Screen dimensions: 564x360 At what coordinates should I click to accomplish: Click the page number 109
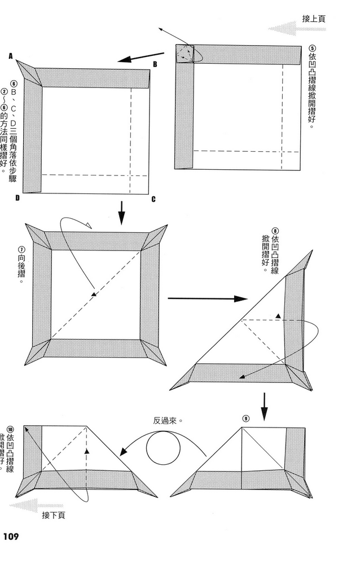pyautogui.click(x=11, y=536)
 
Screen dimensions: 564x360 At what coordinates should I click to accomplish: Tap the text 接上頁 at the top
pyautogui.click(x=314, y=19)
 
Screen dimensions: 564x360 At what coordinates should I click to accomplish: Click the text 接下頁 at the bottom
pyautogui.click(x=54, y=515)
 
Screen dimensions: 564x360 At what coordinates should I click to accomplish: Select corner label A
pyautogui.click(x=11, y=56)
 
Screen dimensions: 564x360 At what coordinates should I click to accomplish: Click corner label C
pyautogui.click(x=153, y=200)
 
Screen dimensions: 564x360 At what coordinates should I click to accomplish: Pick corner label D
pyautogui.click(x=17, y=199)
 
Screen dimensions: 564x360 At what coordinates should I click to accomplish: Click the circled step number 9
pyautogui.click(x=245, y=418)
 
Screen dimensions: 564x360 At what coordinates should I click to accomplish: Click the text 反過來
pyautogui.click(x=169, y=420)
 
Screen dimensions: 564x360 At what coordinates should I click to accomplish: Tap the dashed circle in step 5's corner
pyautogui.click(x=185, y=54)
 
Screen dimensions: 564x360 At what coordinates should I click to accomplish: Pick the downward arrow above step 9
pyautogui.click(x=264, y=406)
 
